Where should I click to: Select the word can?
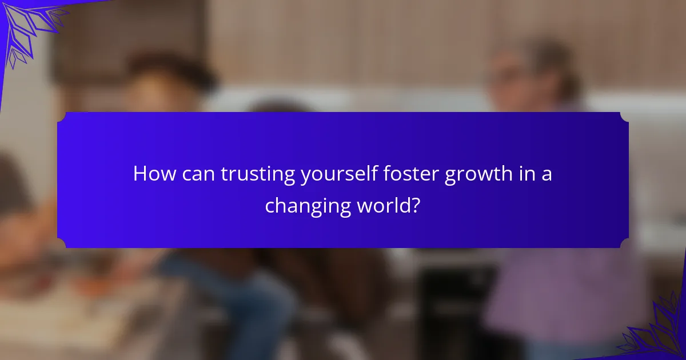coord(200,174)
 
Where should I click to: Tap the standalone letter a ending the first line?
coord(547,175)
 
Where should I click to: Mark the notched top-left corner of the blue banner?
coord(62,117)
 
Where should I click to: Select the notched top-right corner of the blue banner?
coord(624,117)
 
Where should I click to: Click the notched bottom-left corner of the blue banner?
coord(62,243)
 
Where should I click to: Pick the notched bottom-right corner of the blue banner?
coord(624,243)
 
